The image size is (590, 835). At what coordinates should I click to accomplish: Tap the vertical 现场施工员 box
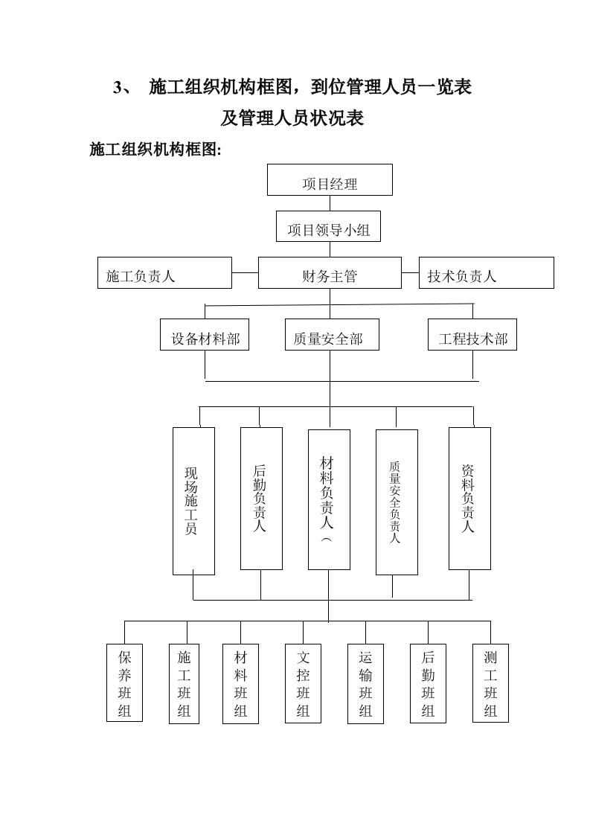coord(193,501)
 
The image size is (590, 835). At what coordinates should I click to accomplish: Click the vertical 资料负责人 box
coord(469,498)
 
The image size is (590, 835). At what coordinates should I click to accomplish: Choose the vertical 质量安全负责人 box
coord(397,502)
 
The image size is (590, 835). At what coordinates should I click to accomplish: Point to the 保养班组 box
coord(124,682)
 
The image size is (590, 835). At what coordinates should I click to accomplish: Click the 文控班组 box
coord(303,682)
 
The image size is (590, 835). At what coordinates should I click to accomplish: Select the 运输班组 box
coord(365,682)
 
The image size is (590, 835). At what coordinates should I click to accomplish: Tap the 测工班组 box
coord(490,682)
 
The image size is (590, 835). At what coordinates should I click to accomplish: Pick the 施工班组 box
coord(185,682)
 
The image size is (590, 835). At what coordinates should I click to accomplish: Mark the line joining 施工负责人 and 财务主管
coord(245,272)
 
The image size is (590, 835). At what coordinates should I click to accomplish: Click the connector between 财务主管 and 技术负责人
coord(410,272)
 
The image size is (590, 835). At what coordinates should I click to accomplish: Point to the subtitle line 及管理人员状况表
coord(292,118)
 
